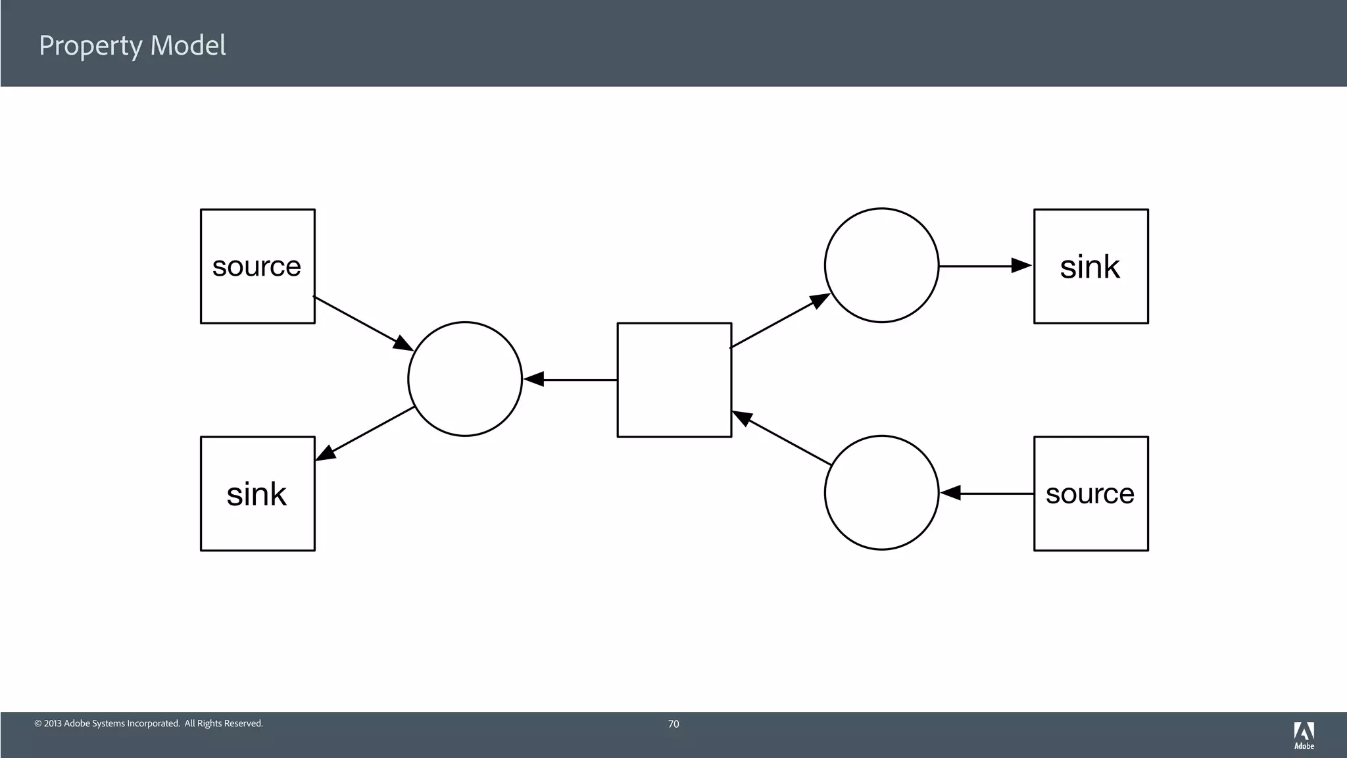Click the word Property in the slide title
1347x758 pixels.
click(91, 46)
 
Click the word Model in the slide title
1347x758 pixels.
click(188, 45)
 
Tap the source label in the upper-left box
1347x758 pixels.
click(257, 266)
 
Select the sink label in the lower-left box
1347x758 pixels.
click(257, 494)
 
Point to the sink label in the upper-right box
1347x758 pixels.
click(1090, 266)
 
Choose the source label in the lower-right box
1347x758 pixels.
click(1090, 494)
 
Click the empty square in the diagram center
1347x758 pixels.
click(674, 380)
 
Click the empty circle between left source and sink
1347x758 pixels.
click(465, 379)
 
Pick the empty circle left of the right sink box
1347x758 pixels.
click(881, 265)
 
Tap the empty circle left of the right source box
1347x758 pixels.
click(881, 492)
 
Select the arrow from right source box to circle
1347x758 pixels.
click(987, 493)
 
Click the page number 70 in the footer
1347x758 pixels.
click(673, 724)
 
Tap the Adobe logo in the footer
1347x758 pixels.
click(1304, 735)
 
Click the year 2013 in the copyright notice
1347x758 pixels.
click(53, 724)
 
